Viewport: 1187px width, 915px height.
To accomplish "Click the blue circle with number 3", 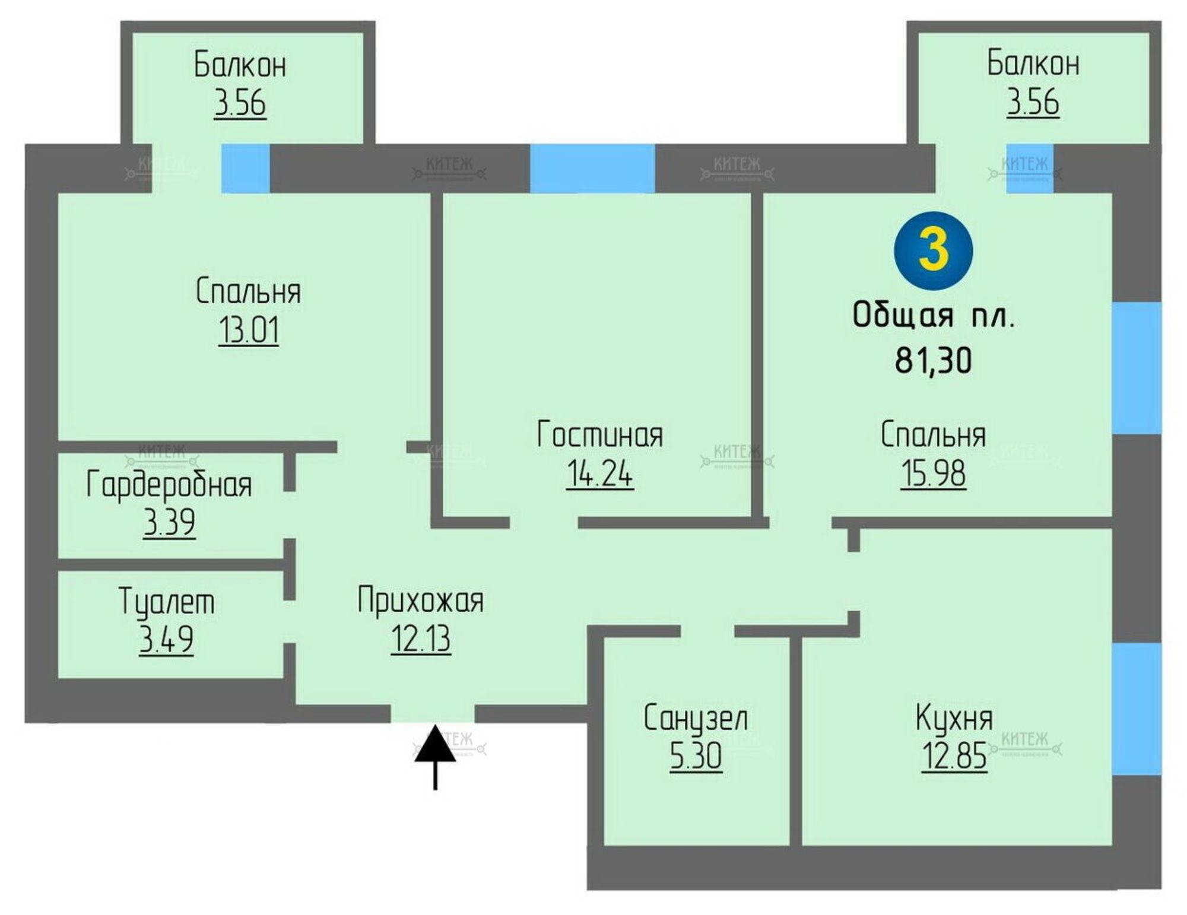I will [x=933, y=250].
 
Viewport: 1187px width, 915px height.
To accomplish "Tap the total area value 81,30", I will [x=933, y=360].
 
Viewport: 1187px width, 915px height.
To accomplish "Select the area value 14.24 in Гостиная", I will [x=599, y=474].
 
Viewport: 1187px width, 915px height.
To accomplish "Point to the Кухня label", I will [x=954, y=718].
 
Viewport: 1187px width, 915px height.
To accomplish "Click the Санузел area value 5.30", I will [x=696, y=756].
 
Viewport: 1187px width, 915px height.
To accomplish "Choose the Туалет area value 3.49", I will [x=166, y=640].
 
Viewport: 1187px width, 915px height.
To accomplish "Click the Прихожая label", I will [x=421, y=601].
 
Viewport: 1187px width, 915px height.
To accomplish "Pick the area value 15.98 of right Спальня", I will [x=933, y=474].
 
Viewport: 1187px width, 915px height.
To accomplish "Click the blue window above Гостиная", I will [x=592, y=169].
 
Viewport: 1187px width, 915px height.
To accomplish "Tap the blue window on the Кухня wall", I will [x=1136, y=709].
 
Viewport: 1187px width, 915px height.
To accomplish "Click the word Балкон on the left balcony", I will [x=240, y=65].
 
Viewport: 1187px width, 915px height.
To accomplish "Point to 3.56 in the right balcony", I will [x=1033, y=102].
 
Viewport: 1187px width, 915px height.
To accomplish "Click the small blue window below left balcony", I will [x=245, y=169].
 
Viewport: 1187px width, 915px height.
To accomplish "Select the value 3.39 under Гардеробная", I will [x=169, y=523].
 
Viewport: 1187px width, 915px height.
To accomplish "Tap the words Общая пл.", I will [x=933, y=316].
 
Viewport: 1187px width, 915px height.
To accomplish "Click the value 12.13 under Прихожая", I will [x=421, y=639].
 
